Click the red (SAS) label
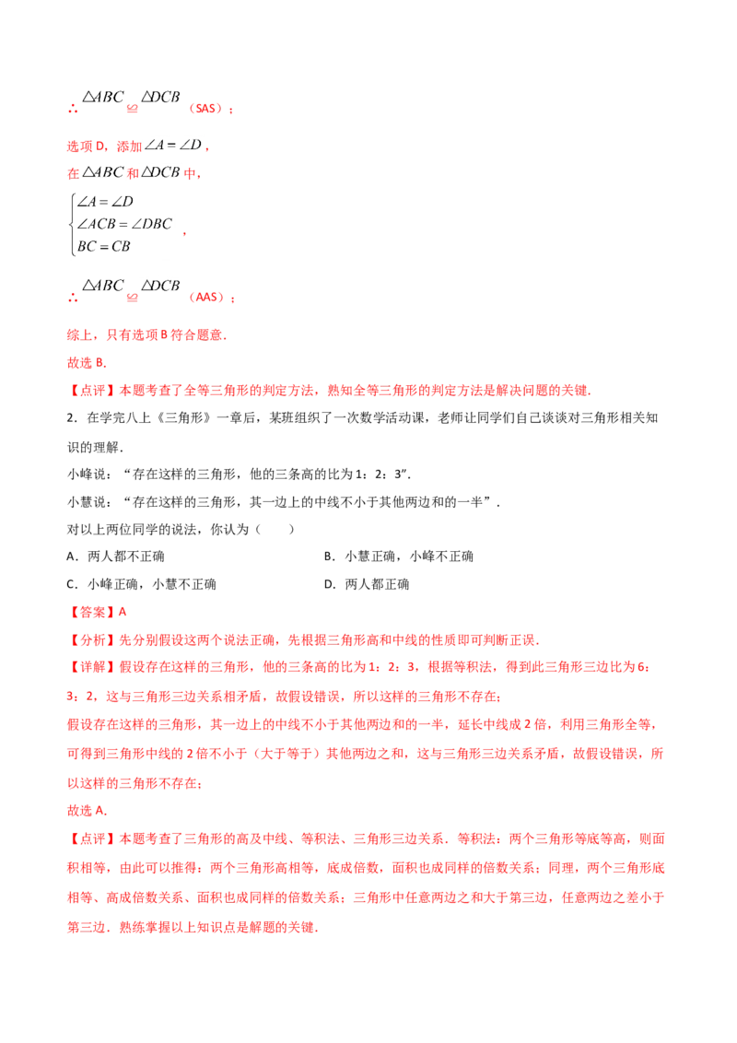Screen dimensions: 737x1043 (207, 109)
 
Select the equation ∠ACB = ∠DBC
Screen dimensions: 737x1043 (124, 224)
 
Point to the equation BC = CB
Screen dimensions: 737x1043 (104, 247)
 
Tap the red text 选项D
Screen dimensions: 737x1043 (87, 146)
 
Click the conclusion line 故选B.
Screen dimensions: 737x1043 (88, 363)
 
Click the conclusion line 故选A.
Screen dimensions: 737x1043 (88, 811)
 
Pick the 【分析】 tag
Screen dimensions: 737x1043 (92, 640)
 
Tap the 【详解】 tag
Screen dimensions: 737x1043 (92, 667)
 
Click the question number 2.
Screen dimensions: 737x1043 (72, 418)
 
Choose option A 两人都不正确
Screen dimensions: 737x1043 (116, 557)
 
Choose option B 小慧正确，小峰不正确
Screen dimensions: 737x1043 (399, 557)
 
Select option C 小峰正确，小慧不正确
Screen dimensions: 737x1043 (142, 585)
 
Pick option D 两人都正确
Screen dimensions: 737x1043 (367, 585)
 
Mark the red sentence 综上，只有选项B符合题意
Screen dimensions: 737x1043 (147, 335)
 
